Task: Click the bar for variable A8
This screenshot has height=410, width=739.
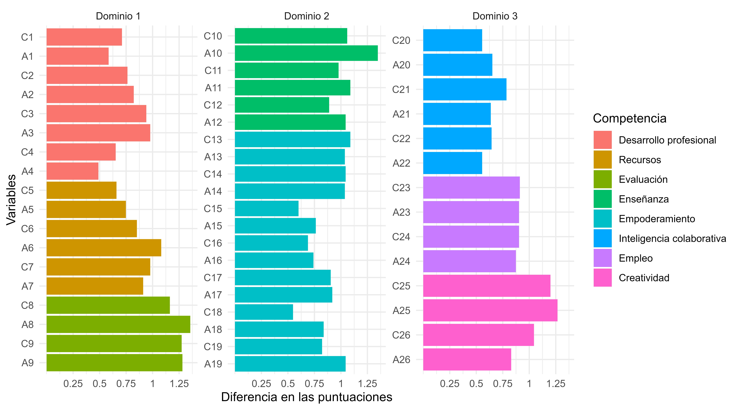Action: click(x=118, y=324)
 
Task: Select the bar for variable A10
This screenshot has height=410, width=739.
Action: click(x=306, y=53)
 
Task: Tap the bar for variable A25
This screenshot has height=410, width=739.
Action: click(x=490, y=310)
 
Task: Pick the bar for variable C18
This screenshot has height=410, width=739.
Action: click(x=264, y=312)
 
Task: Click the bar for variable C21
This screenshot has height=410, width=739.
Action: click(x=464, y=89)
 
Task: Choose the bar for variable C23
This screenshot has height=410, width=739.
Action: click(x=471, y=188)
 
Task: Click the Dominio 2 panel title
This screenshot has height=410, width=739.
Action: click(x=306, y=16)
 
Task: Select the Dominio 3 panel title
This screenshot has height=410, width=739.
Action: click(x=495, y=16)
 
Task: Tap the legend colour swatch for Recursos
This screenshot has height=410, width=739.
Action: click(x=602, y=160)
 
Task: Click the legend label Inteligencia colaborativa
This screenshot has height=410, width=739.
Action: click(x=672, y=238)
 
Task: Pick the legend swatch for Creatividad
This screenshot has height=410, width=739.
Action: click(x=602, y=278)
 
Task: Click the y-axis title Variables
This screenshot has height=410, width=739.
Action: click(x=12, y=200)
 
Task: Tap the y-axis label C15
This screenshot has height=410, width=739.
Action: click(x=213, y=209)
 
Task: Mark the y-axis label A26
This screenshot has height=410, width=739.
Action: click(x=401, y=360)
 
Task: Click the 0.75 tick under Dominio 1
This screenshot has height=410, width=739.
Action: click(x=126, y=384)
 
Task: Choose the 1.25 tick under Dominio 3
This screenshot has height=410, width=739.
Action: click(x=556, y=384)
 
